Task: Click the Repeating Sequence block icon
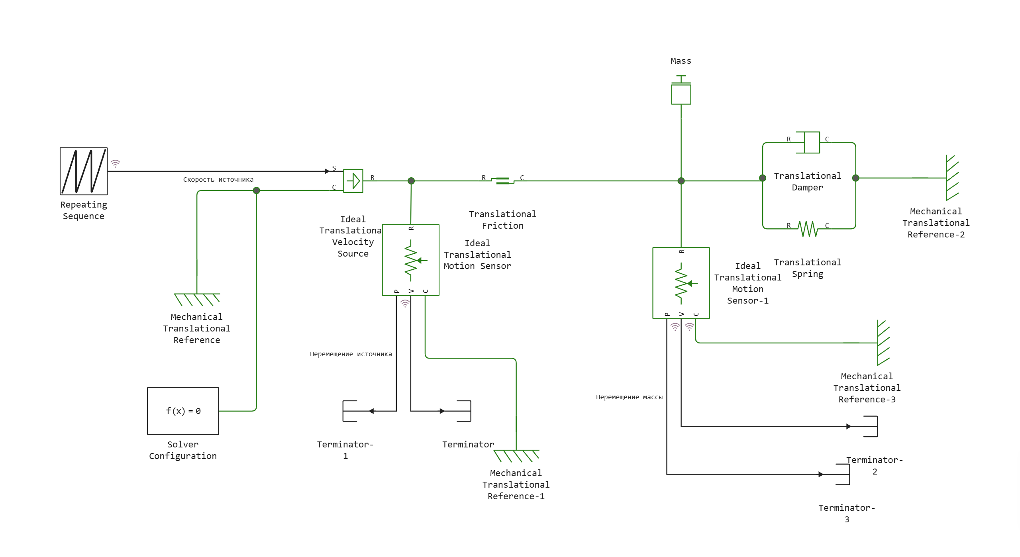pyautogui.click(x=84, y=171)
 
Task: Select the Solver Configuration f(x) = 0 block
pyautogui.click(x=183, y=411)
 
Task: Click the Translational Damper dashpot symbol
pyautogui.click(x=808, y=143)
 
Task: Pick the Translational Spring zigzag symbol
pyautogui.click(x=808, y=229)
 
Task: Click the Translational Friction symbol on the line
pyautogui.click(x=502, y=181)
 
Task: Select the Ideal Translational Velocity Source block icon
pyautogui.click(x=353, y=181)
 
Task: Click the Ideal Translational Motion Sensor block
pyautogui.click(x=411, y=260)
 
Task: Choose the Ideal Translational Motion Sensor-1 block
pyautogui.click(x=681, y=283)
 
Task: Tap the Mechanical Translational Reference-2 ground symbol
pyautogui.click(x=952, y=178)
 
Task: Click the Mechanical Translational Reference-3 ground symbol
pyautogui.click(x=883, y=343)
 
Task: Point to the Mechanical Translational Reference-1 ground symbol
pyautogui.click(x=516, y=455)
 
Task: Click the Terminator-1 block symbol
pyautogui.click(x=350, y=411)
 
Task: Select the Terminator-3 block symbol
pyautogui.click(x=843, y=474)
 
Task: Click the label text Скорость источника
pyautogui.click(x=218, y=180)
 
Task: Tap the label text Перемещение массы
pyautogui.click(x=629, y=397)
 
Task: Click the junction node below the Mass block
pyautogui.click(x=681, y=181)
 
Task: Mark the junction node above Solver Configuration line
pyautogui.click(x=256, y=190)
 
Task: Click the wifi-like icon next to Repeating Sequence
pyautogui.click(x=115, y=163)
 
